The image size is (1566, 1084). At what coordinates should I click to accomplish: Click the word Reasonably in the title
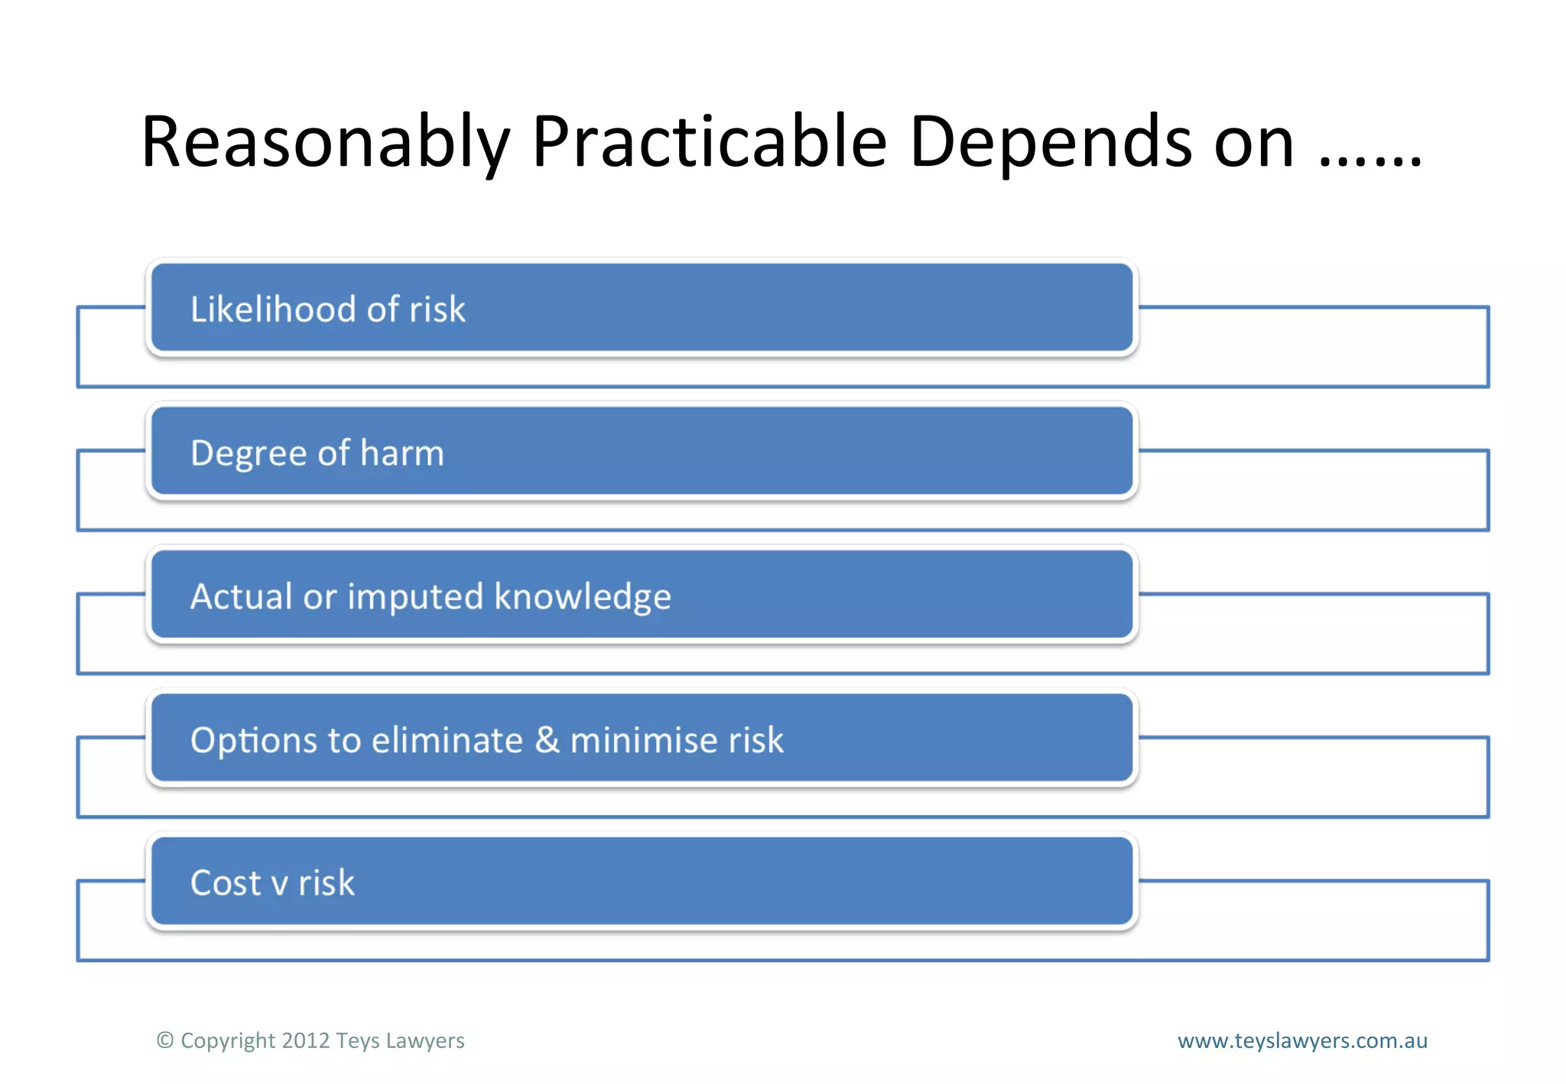point(325,142)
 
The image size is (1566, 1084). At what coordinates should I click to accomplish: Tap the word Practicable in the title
point(709,142)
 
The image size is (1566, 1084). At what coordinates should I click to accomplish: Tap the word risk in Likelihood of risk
point(437,310)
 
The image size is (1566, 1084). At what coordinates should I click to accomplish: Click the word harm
point(401,453)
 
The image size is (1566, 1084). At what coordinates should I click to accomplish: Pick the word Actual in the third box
point(241,596)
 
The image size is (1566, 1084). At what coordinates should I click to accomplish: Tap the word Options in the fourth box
point(254,741)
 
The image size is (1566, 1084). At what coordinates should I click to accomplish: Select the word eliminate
point(447,740)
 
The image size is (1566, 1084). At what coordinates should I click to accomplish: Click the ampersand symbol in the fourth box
point(547,740)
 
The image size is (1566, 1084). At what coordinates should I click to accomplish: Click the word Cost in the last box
point(226,883)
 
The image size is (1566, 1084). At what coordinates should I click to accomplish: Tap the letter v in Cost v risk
point(280,885)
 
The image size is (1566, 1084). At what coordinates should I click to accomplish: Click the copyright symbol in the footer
point(165,1040)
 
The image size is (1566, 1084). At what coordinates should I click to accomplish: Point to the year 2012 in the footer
point(305,1040)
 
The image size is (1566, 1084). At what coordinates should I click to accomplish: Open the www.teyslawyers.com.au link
point(1302,1040)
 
